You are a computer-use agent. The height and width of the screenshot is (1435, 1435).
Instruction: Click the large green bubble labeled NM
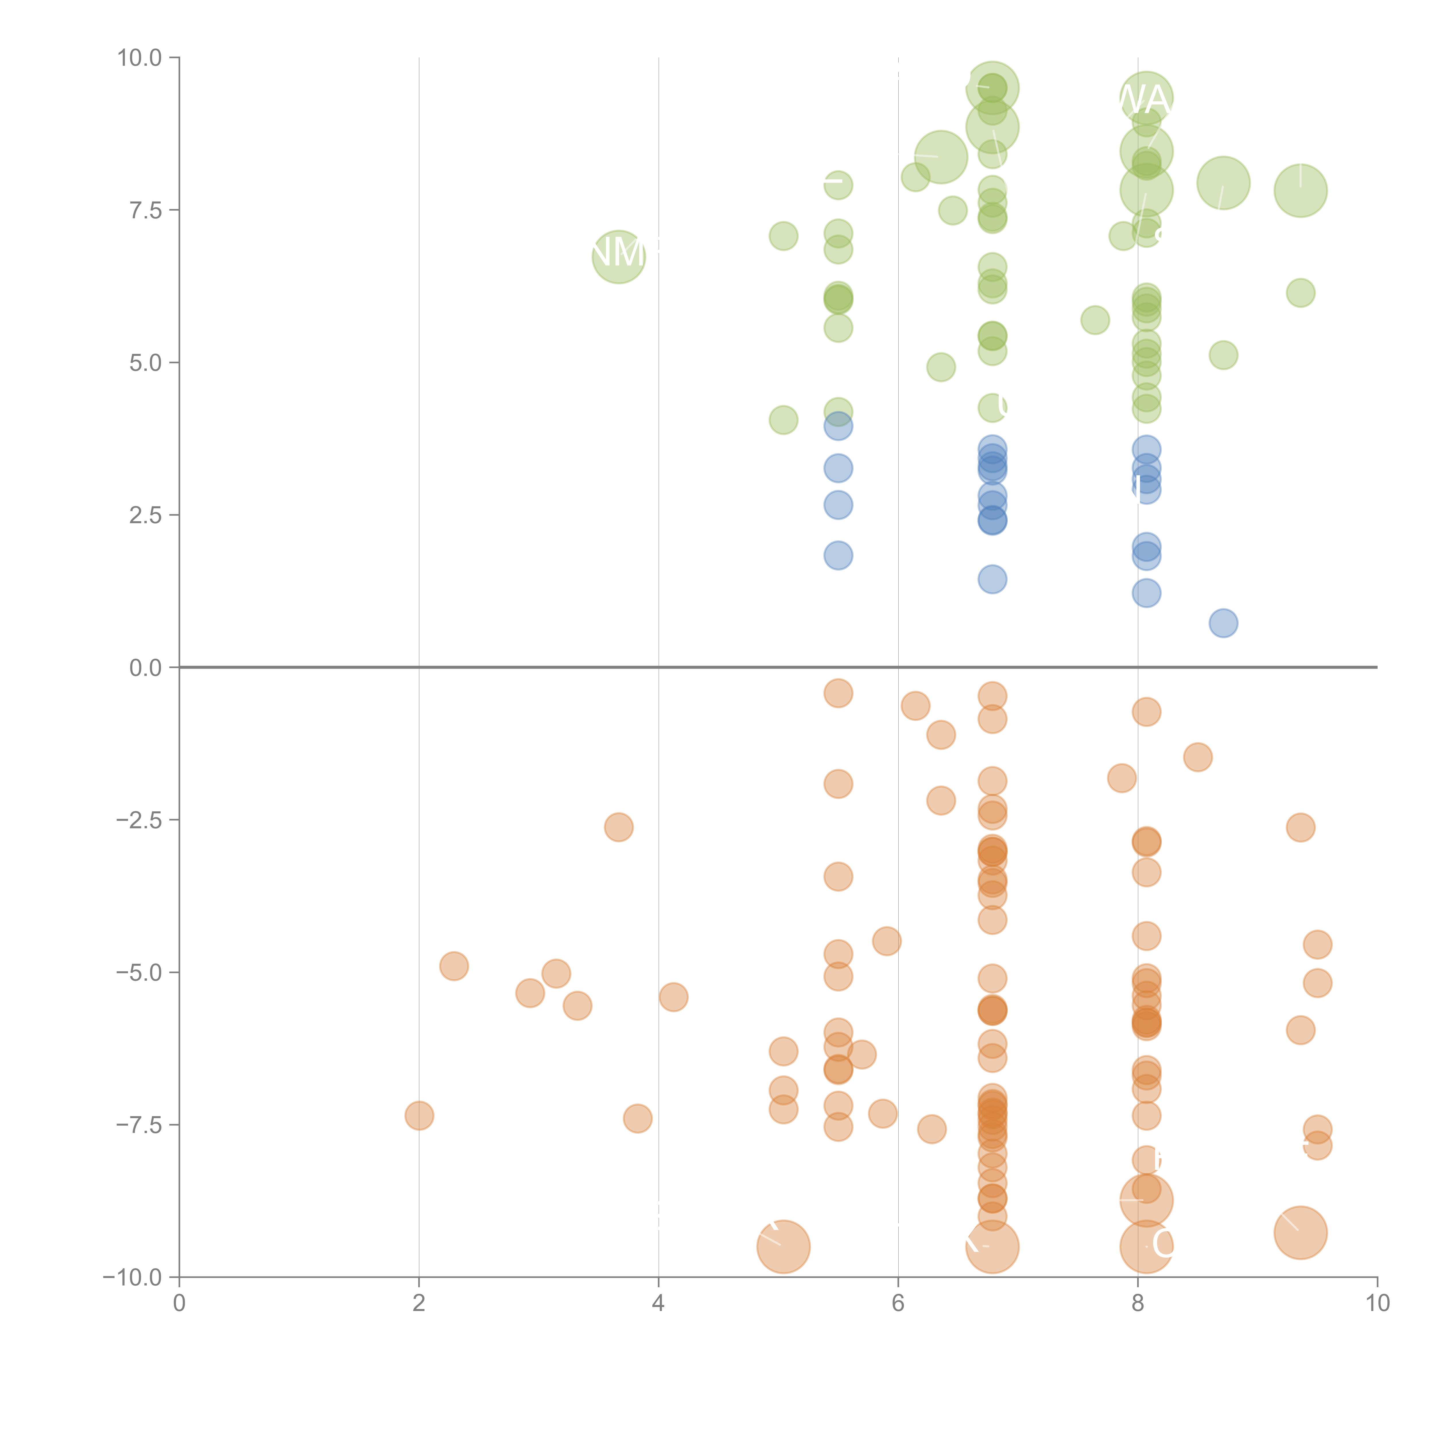(618, 257)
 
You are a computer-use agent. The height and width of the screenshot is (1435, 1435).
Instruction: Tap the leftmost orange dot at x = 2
(419, 1116)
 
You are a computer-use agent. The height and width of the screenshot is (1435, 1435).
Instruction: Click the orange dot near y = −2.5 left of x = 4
(618, 827)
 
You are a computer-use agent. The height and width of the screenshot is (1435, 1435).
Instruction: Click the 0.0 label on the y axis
(145, 668)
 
